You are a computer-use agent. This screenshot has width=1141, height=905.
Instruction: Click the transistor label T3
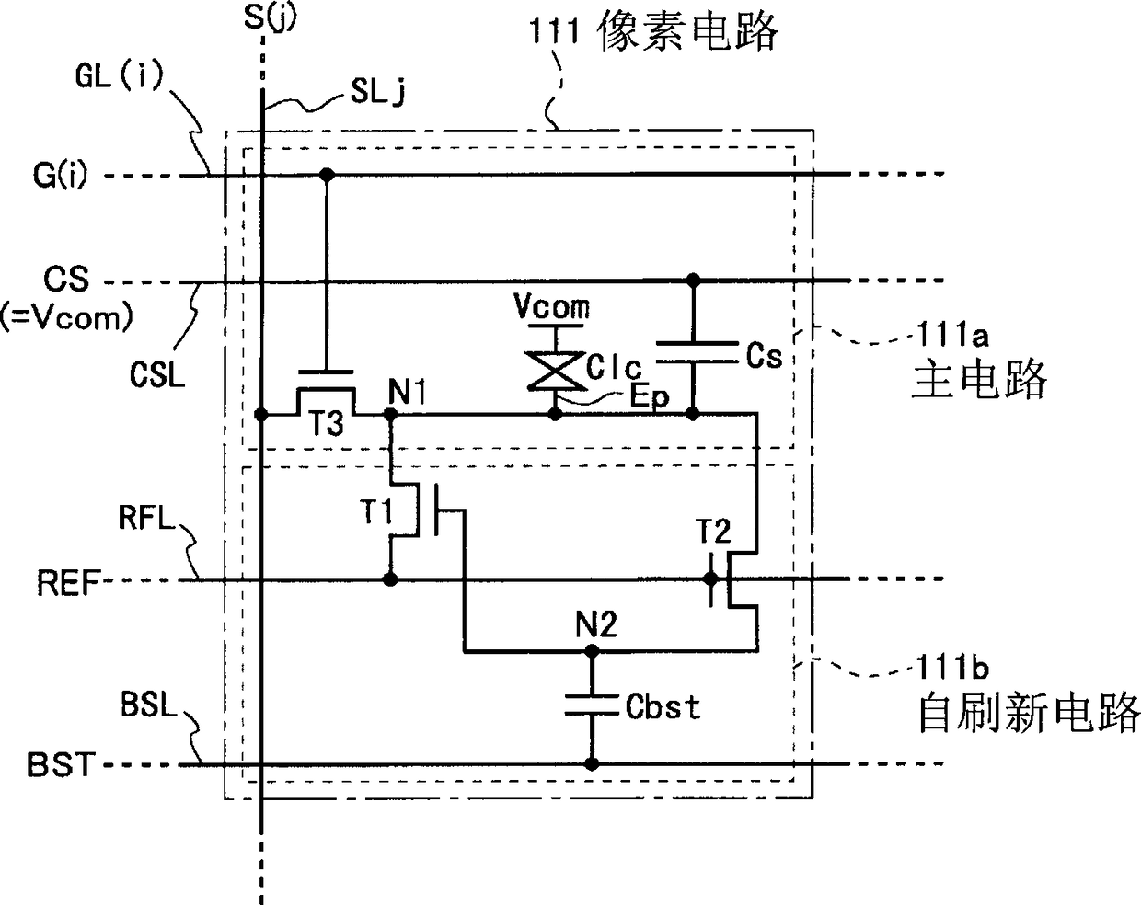tap(326, 423)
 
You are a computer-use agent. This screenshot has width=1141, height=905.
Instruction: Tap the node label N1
tap(407, 392)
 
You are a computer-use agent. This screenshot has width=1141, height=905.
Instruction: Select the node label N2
tap(596, 624)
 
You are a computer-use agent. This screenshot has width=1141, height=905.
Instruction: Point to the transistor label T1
tap(377, 512)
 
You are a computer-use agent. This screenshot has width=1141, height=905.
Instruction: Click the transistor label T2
tap(713, 531)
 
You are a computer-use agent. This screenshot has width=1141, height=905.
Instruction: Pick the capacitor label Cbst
tap(663, 706)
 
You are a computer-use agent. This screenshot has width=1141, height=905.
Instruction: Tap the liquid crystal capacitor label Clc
tap(614, 366)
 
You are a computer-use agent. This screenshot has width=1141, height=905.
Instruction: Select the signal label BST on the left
tap(61, 765)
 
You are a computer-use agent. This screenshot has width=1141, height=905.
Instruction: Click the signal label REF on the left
tap(69, 583)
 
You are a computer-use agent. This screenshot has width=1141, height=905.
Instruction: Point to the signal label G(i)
tap(60, 175)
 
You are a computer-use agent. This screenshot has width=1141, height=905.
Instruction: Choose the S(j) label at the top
tap(270, 17)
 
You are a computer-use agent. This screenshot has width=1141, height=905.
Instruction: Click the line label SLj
tap(377, 92)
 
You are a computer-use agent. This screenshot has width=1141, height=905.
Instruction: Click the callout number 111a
tap(952, 335)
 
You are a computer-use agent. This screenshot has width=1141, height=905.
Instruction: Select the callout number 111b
tap(952, 667)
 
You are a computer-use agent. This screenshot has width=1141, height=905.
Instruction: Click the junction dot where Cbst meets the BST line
tap(592, 764)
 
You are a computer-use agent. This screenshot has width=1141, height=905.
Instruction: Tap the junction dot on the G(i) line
tap(328, 174)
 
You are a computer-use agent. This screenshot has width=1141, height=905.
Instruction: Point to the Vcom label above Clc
tap(552, 306)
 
